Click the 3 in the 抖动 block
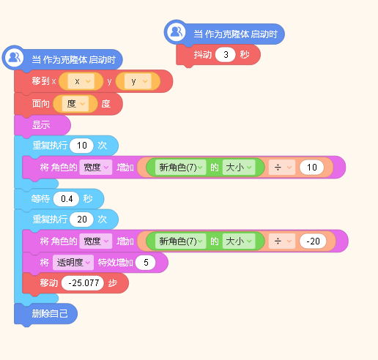tap(226, 55)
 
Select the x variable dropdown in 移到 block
tap(81, 81)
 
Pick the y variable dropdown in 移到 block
tap(138, 81)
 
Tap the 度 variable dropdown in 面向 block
tap(75, 104)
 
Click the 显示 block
tap(42, 125)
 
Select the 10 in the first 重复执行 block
tap(81, 146)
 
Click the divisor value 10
tap(312, 168)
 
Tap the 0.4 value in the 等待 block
tap(67, 199)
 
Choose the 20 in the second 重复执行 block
tap(81, 220)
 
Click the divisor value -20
tap(313, 241)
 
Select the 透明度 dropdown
tap(73, 263)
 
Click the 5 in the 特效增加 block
tap(146, 263)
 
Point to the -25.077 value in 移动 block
tap(83, 283)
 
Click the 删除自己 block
tap(46, 314)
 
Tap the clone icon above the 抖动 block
tap(177, 31)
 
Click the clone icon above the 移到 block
tap(14, 58)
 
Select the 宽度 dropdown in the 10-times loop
tap(96, 168)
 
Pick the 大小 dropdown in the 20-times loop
tap(239, 241)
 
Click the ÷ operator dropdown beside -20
tap(282, 241)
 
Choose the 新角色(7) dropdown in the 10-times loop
tap(180, 168)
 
